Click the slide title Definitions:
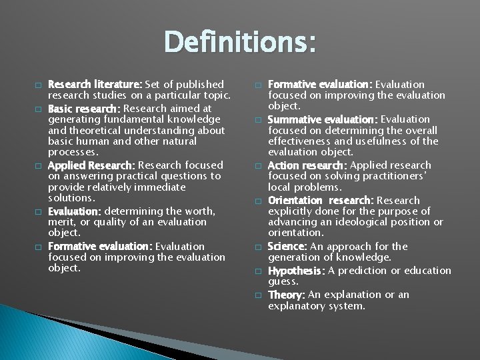click(x=240, y=43)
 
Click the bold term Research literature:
click(x=93, y=85)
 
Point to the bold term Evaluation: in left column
click(x=74, y=211)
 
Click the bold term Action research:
click(x=307, y=165)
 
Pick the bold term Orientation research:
click(x=321, y=200)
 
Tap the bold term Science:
click(x=287, y=247)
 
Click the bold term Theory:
click(x=287, y=295)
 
